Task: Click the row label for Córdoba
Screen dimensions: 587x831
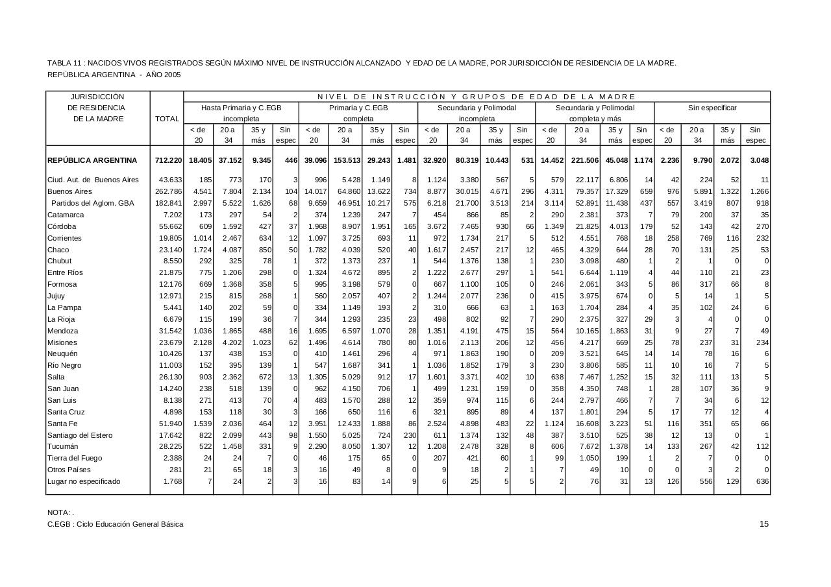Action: [x=62, y=226]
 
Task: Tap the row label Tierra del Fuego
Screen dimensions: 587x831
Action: [x=75, y=458]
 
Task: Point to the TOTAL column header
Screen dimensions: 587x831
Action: [x=167, y=119]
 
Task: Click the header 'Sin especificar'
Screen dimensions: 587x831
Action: [x=712, y=108]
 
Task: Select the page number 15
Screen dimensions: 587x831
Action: [x=764, y=524]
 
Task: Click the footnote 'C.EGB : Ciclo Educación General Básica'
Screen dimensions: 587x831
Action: [x=115, y=524]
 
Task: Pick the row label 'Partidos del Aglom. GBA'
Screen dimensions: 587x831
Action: [x=92, y=203]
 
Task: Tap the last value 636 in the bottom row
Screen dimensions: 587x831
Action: [x=762, y=481]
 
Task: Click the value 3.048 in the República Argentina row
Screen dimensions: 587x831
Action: [x=759, y=160]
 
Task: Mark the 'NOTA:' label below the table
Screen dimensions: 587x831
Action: [x=59, y=512]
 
